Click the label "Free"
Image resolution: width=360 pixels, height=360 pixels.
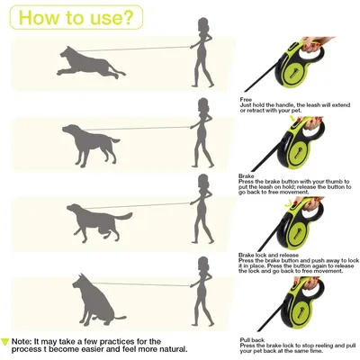246,99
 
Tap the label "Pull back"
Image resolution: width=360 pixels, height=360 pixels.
253,339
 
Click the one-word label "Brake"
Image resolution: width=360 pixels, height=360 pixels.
247,176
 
